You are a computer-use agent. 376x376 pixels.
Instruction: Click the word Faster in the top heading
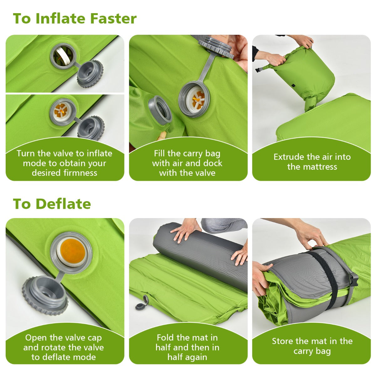(x=113, y=18)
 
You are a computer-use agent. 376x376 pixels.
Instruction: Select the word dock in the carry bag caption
(x=213, y=163)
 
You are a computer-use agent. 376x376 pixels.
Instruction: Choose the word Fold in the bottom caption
(x=165, y=337)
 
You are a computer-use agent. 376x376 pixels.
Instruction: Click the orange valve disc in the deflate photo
(x=72, y=250)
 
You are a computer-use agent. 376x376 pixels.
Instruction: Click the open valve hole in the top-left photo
(x=63, y=56)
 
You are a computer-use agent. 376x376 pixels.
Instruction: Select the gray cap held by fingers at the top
(x=216, y=46)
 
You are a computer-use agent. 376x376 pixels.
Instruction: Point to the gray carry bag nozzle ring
(x=160, y=110)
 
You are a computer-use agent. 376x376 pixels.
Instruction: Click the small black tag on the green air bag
(x=293, y=86)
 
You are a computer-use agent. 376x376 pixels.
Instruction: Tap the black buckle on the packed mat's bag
(x=353, y=280)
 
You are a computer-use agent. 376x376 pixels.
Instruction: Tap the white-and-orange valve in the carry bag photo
(x=197, y=100)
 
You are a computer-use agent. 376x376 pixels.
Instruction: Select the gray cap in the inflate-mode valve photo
(x=91, y=128)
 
